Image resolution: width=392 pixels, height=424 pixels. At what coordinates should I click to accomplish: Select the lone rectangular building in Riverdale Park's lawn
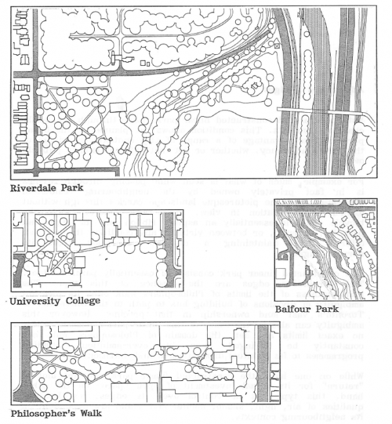coord(120,107)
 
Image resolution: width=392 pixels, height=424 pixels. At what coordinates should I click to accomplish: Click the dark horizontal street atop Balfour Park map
coord(327,215)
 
